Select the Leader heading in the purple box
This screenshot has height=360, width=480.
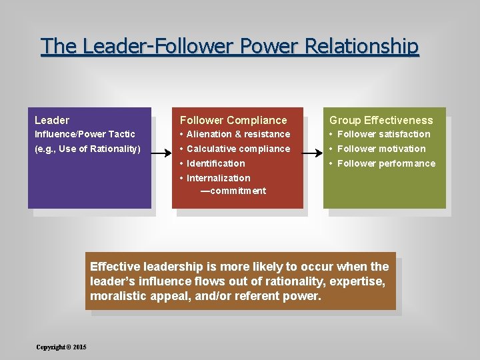pos(52,121)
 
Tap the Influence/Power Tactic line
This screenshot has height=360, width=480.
pos(85,134)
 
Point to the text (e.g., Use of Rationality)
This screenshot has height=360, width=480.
pos(87,149)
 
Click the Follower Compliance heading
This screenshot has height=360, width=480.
pos(233,121)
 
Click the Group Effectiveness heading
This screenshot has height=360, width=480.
pos(381,121)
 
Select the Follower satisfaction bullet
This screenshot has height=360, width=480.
pos(383,134)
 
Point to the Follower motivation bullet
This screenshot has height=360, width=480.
pos(381,149)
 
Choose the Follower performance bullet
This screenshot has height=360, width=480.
pos(386,163)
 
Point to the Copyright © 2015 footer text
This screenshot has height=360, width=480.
pos(61,347)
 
